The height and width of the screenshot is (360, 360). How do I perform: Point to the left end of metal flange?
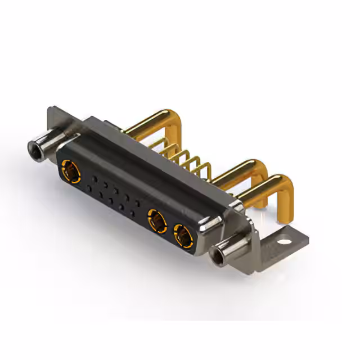coord(53,121)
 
